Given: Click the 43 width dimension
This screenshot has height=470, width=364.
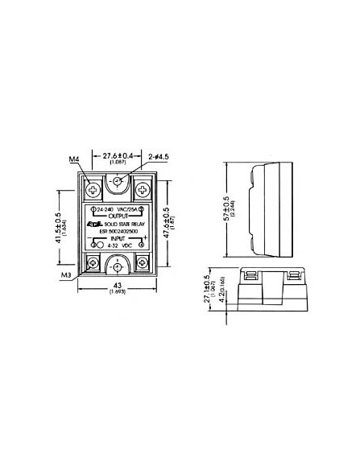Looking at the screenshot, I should (118, 288).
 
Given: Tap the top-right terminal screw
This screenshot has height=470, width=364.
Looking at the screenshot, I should (143, 190).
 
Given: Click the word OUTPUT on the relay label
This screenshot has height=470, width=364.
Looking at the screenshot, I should (119, 217).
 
